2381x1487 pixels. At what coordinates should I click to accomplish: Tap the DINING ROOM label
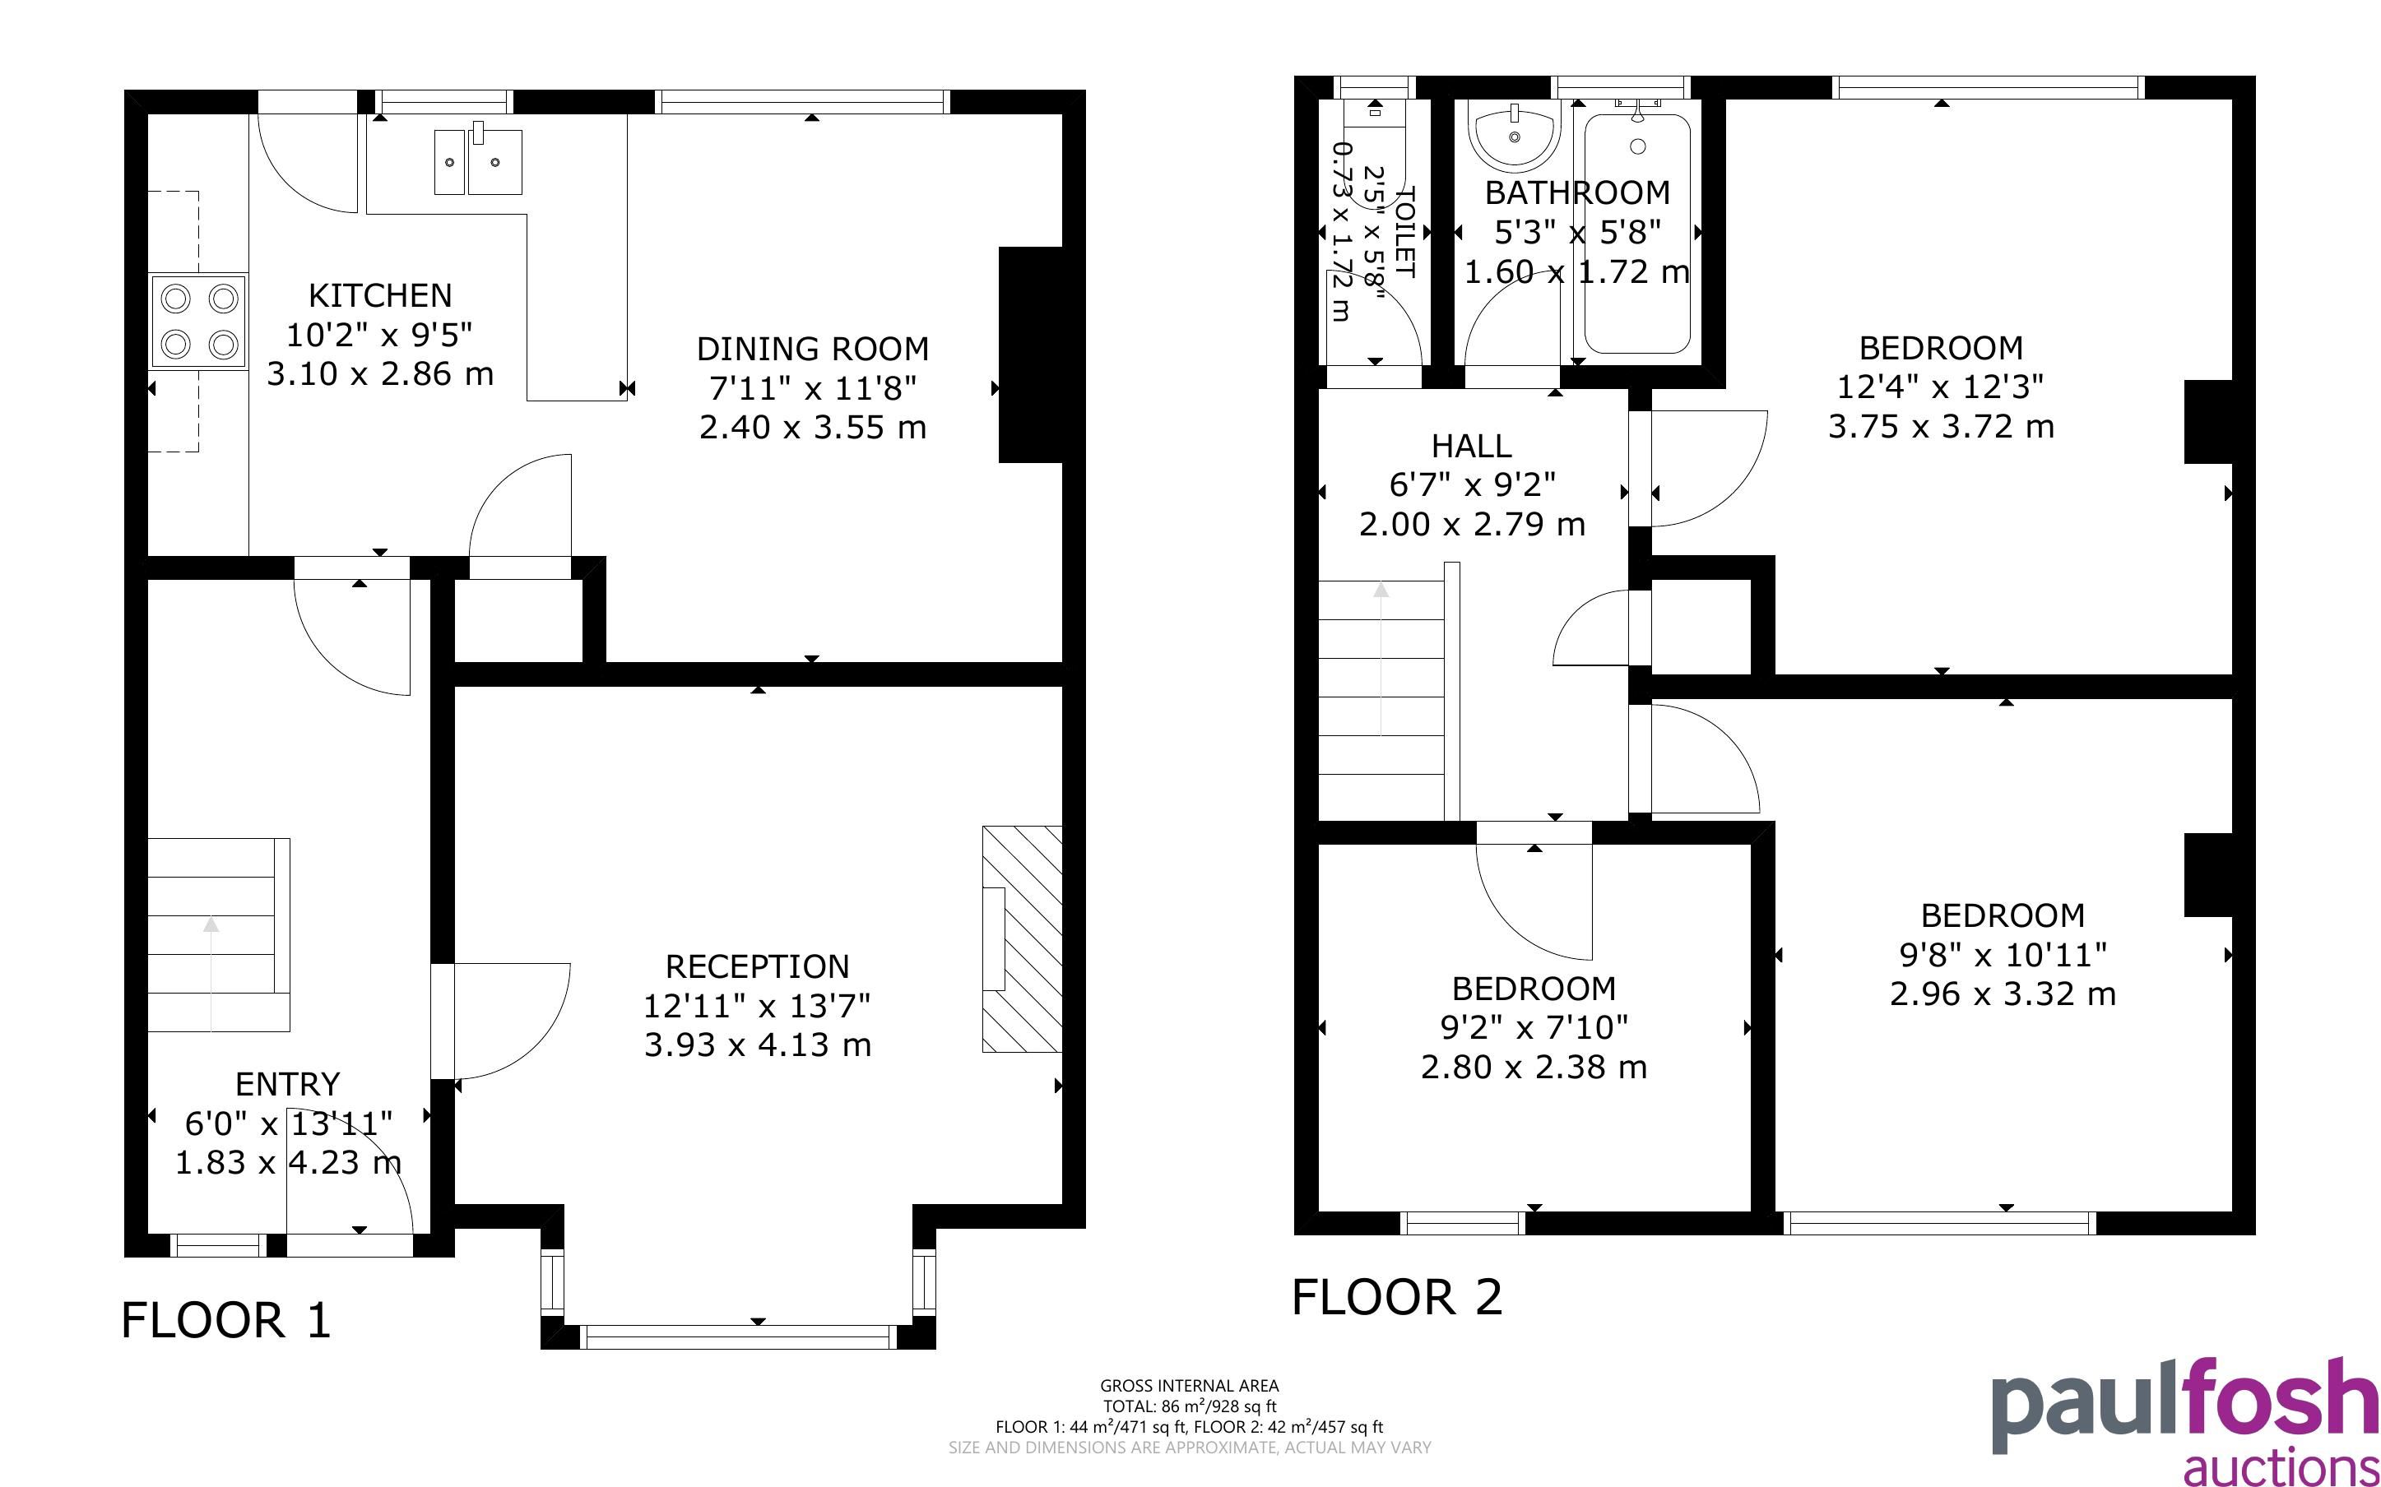(812, 348)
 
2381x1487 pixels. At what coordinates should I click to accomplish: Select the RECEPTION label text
(757, 966)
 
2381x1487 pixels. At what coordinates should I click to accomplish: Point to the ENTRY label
(287, 1084)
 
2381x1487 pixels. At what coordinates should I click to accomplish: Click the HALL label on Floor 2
(1471, 447)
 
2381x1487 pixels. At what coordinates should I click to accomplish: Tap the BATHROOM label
(1577, 192)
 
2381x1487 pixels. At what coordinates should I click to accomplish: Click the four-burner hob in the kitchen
(198, 322)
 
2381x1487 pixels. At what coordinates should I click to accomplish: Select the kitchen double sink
(478, 160)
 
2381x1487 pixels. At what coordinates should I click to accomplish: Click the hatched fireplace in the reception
(1022, 939)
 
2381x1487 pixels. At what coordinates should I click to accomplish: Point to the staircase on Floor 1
(218, 934)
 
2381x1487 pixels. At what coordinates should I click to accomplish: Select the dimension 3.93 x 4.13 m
(757, 1045)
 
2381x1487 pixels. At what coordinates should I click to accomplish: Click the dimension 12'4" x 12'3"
(1940, 387)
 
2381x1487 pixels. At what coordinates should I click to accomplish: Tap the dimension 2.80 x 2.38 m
(1534, 1066)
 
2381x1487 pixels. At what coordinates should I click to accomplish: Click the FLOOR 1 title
(226, 1320)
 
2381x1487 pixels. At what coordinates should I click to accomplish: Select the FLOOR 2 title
(1396, 1297)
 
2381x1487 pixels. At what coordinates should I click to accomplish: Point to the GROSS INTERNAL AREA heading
(1189, 1387)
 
